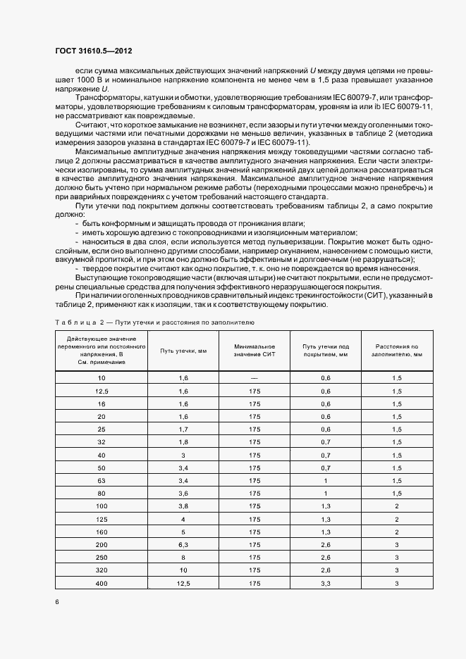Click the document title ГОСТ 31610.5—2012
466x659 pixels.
93,51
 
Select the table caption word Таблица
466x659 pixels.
74,322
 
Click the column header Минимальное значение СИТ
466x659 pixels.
254,350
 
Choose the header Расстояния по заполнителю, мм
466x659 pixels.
397,350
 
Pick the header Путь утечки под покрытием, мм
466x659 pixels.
326,350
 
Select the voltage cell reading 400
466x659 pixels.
102,584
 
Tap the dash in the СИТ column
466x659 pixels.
254,378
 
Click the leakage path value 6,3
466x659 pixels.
183,544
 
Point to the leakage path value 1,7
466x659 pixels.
183,428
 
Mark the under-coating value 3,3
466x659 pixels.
326,584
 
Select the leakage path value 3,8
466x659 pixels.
183,506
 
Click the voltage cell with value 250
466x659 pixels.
102,557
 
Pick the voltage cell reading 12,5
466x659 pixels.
102,391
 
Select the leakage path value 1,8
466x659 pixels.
183,441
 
